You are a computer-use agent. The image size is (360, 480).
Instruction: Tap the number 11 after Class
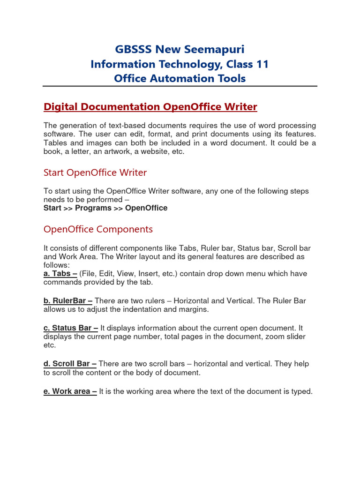[262, 64]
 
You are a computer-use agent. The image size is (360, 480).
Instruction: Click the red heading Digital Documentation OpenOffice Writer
[150, 107]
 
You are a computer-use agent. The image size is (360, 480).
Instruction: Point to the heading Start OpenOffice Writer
[95, 172]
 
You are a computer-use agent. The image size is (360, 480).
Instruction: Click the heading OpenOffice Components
[98, 229]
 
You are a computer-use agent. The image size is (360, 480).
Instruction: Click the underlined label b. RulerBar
[68, 301]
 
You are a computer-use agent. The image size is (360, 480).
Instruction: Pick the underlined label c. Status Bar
[71, 328]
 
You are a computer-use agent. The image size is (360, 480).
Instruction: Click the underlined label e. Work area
[70, 391]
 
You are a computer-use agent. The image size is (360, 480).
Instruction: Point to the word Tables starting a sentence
[55, 143]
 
